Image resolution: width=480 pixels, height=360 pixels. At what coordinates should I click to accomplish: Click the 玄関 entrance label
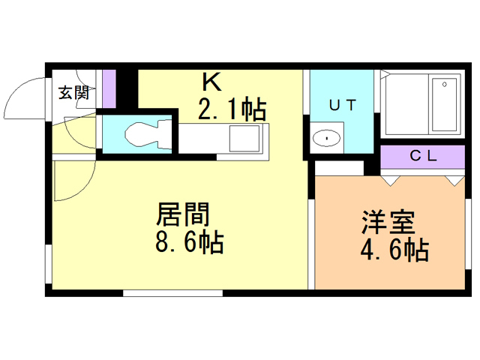(74, 93)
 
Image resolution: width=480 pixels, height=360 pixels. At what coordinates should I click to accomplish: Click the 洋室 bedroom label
(385, 222)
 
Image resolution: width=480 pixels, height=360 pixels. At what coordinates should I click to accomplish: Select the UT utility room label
(342, 106)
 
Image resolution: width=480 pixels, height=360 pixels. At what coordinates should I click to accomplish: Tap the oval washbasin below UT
(326, 138)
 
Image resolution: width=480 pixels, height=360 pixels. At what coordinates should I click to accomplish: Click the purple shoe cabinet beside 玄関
(110, 88)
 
